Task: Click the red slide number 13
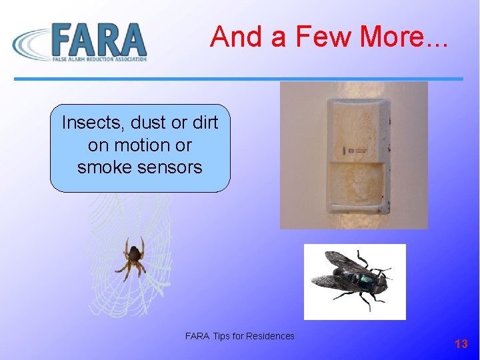point(461,344)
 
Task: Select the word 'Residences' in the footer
point(270,336)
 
